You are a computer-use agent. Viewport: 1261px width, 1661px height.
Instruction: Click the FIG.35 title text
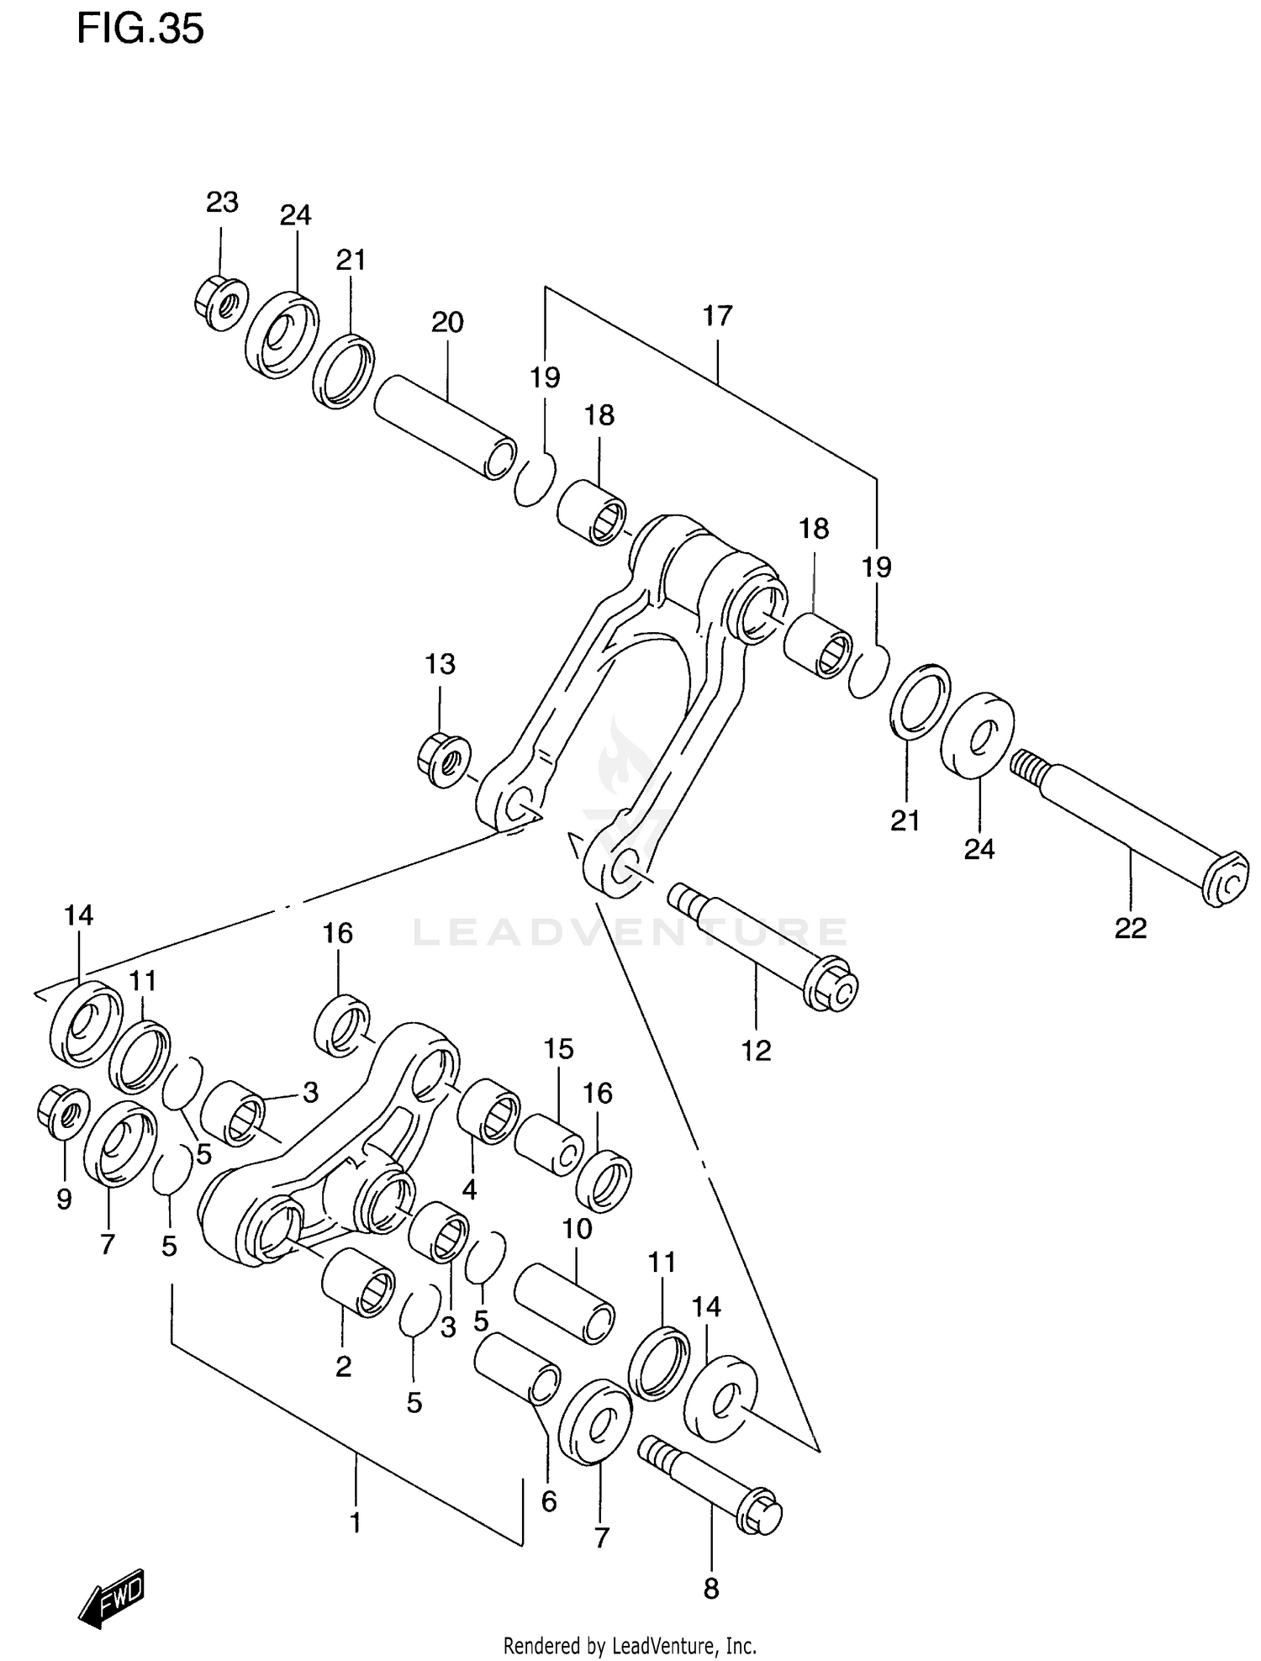pyautogui.click(x=140, y=30)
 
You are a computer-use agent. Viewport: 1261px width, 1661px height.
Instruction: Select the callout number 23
pyautogui.click(x=222, y=202)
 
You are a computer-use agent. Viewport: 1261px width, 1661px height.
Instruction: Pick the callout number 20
pyautogui.click(x=447, y=322)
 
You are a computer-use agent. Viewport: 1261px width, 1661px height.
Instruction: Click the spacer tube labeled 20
pyautogui.click(x=445, y=428)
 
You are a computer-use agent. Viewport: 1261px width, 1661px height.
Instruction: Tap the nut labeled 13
pyautogui.click(x=444, y=759)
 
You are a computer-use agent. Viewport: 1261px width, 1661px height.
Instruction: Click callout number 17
pyautogui.click(x=718, y=316)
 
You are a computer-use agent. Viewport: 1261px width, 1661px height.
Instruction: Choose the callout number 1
pyautogui.click(x=355, y=1522)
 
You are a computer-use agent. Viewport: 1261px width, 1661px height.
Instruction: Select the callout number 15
pyautogui.click(x=558, y=1049)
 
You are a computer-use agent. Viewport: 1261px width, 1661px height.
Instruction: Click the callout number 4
pyautogui.click(x=469, y=1189)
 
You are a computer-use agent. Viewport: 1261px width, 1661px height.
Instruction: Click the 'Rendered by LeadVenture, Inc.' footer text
pyautogui.click(x=630, y=1645)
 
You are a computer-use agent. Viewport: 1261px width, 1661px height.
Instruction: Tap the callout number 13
pyautogui.click(x=440, y=664)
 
